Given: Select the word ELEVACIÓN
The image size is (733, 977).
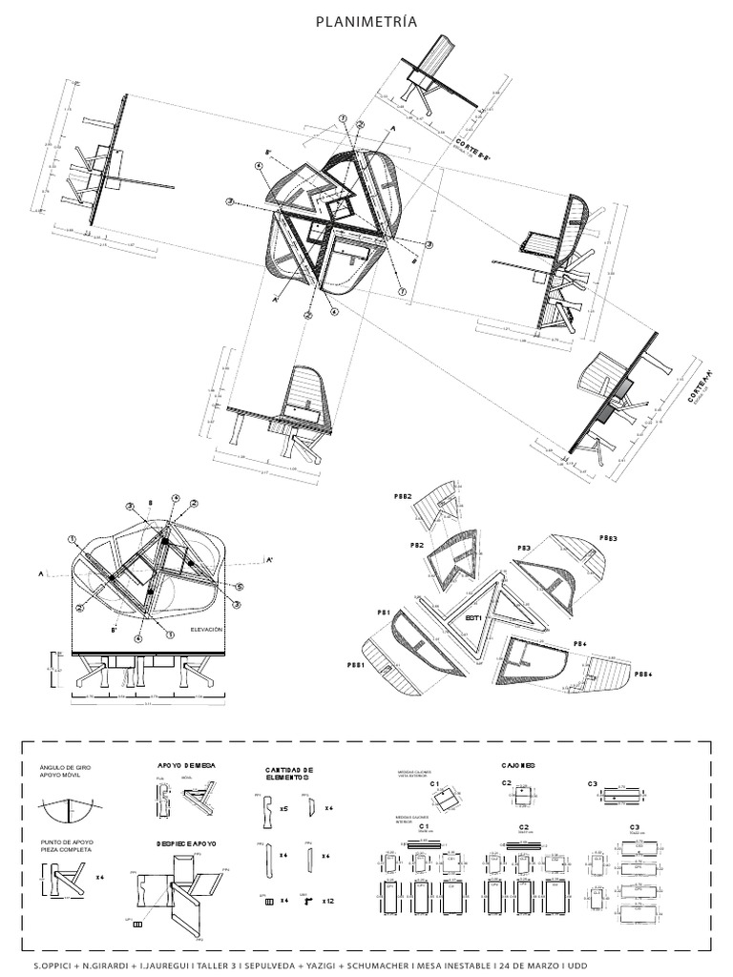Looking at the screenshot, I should [206, 630].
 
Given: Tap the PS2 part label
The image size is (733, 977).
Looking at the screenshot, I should [417, 544].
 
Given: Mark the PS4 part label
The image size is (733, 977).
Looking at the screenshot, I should [578, 644].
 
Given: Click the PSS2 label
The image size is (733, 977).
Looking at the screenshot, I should [403, 497].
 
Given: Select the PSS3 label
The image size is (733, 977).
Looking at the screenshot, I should [608, 539].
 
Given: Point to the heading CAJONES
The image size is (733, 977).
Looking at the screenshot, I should [517, 765].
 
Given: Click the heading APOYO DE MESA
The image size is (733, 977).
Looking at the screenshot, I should [186, 765].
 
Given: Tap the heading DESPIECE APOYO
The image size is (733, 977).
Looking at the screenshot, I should [186, 843].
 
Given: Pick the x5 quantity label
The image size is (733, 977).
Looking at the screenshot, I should [284, 808].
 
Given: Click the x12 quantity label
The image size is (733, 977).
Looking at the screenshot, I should [327, 900].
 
